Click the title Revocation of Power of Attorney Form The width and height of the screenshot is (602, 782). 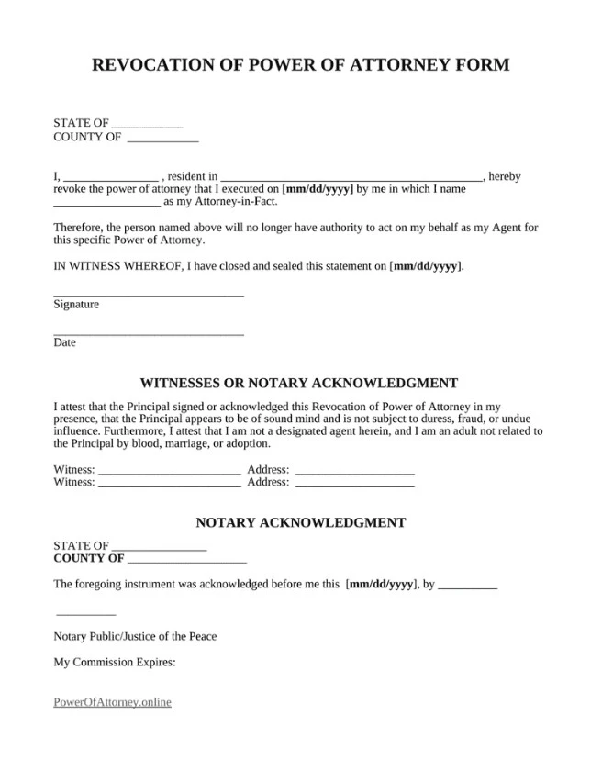click(301, 65)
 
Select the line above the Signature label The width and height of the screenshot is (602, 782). click(149, 296)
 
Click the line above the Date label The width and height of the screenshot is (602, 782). click(149, 334)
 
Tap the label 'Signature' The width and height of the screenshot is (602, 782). click(76, 305)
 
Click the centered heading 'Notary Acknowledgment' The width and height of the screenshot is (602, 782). click(301, 523)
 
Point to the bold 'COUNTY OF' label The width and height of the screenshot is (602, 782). click(89, 558)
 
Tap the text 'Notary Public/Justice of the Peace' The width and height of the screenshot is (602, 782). click(135, 636)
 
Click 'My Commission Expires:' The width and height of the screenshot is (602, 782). click(115, 662)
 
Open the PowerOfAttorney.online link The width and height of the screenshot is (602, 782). click(113, 702)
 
